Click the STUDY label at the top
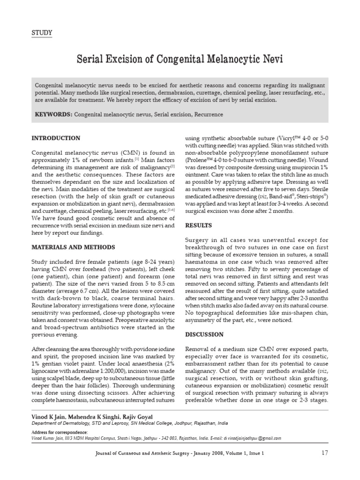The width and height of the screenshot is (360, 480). (41, 32)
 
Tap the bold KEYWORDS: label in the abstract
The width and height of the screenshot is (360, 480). (53, 114)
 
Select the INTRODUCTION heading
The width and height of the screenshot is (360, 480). (55, 138)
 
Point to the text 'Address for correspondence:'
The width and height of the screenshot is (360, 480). (60, 432)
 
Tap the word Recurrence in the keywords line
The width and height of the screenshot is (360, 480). (208, 114)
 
